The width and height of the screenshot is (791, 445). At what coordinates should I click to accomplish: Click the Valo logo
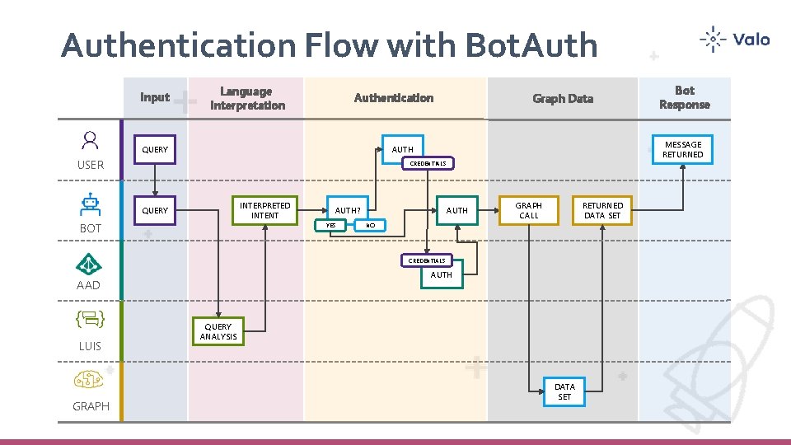pyautogui.click(x=734, y=40)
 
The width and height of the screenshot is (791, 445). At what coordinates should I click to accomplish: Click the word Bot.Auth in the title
pyautogui.click(x=531, y=45)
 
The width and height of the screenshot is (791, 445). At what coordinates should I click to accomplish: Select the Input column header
pyautogui.click(x=155, y=97)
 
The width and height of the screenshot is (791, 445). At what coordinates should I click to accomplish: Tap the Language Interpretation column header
pyautogui.click(x=247, y=98)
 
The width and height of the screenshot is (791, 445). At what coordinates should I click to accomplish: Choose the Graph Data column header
pyautogui.click(x=562, y=99)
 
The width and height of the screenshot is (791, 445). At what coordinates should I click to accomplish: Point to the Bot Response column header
pyautogui.click(x=684, y=97)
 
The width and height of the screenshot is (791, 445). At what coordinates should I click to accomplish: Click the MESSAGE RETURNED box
pyautogui.click(x=683, y=149)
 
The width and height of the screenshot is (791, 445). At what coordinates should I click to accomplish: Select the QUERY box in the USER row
pyautogui.click(x=155, y=150)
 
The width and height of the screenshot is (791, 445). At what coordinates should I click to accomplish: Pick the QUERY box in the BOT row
pyautogui.click(x=155, y=210)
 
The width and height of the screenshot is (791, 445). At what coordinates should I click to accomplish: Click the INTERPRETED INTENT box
pyautogui.click(x=264, y=210)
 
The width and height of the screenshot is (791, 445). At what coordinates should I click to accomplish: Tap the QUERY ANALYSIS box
pyautogui.click(x=218, y=331)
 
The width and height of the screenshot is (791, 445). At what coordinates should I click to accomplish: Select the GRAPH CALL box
pyautogui.click(x=529, y=210)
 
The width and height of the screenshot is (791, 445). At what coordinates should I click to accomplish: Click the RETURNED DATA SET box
pyautogui.click(x=602, y=210)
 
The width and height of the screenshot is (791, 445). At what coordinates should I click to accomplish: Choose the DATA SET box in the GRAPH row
pyautogui.click(x=564, y=391)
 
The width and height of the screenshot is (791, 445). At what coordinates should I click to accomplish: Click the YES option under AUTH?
pyautogui.click(x=331, y=225)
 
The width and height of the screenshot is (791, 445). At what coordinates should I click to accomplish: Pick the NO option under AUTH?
pyautogui.click(x=370, y=225)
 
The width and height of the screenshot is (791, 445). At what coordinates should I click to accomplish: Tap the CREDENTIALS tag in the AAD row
pyautogui.click(x=428, y=260)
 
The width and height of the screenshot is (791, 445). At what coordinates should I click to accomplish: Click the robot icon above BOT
pyautogui.click(x=90, y=203)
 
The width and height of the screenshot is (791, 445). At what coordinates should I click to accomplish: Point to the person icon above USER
pyautogui.click(x=90, y=140)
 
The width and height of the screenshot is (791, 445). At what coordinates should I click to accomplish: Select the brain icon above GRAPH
pyautogui.click(x=89, y=380)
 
